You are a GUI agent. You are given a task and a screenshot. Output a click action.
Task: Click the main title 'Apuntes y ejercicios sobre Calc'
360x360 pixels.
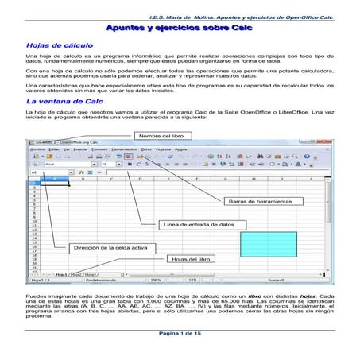(180, 26)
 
